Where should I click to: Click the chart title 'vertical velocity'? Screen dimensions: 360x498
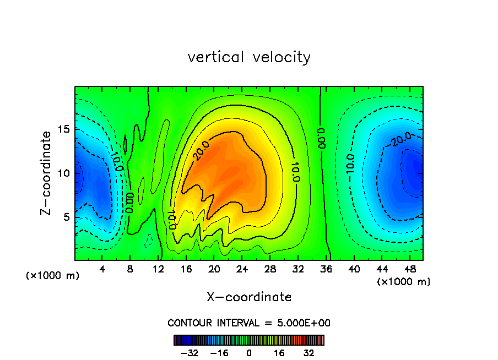coord(249,57)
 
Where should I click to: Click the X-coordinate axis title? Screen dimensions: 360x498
coord(249,297)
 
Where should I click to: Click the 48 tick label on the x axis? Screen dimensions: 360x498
coord(410,269)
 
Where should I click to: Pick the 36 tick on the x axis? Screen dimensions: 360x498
coord(326,269)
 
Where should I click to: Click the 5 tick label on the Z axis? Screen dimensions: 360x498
coord(66,217)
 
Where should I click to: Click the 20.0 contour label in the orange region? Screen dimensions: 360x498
coord(202,150)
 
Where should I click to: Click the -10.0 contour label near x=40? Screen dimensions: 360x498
coord(350,165)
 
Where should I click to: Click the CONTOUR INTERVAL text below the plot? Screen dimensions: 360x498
coord(249,323)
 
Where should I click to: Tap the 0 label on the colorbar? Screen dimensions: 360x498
coord(249,352)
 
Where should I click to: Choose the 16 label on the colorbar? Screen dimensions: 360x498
coord(279,352)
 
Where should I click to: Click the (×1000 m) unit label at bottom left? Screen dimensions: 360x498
coord(52,276)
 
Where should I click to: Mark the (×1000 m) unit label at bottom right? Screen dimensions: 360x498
coord(404,282)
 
